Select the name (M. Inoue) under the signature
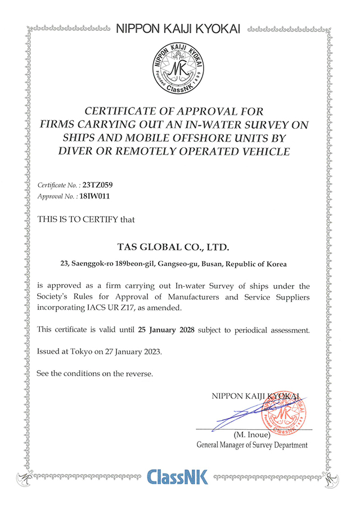tap(252, 435)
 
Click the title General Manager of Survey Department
tap(252, 445)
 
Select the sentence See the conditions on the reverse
tap(94, 373)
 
